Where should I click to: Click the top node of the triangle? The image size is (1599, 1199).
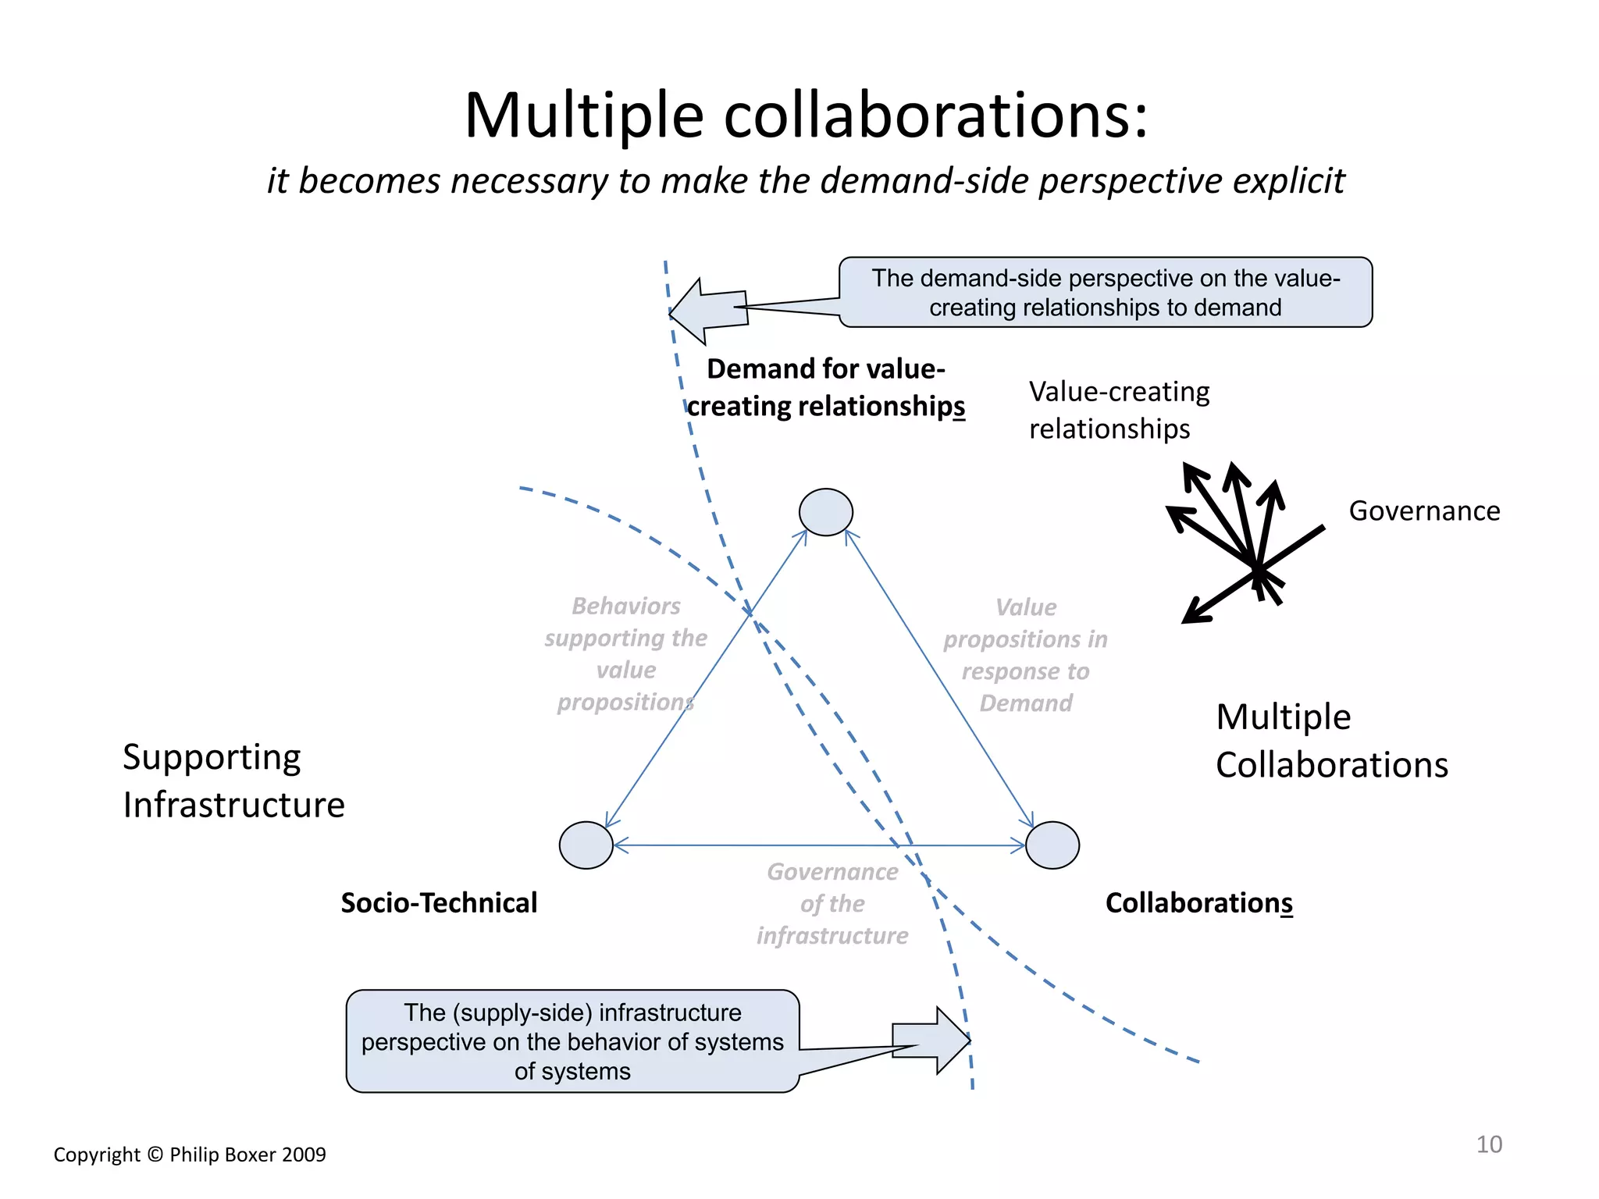click(x=825, y=512)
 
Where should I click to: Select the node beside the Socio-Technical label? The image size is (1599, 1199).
click(x=586, y=845)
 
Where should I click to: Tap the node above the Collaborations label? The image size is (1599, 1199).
click(x=1052, y=845)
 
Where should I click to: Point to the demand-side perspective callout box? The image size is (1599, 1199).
click(x=1105, y=292)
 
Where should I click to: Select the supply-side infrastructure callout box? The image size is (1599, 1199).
click(x=572, y=1041)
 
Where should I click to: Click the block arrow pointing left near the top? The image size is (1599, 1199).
click(x=707, y=311)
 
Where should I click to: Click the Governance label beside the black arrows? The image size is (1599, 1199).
click(x=1424, y=511)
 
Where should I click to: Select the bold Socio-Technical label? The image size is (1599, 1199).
click(x=439, y=902)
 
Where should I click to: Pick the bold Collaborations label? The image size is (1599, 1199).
click(x=1198, y=902)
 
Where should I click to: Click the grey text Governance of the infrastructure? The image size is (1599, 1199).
click(x=832, y=903)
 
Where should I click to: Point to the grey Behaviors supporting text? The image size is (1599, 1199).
click(x=626, y=654)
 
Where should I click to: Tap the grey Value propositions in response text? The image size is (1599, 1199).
click(x=1025, y=655)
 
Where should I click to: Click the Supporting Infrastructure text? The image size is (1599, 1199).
click(x=233, y=781)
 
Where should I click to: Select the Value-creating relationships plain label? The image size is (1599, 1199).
click(x=1118, y=410)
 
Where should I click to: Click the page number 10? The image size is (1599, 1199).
click(x=1488, y=1144)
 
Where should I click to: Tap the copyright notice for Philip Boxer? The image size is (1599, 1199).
click(x=190, y=1155)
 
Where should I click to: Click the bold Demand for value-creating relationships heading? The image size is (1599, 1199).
click(x=825, y=387)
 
